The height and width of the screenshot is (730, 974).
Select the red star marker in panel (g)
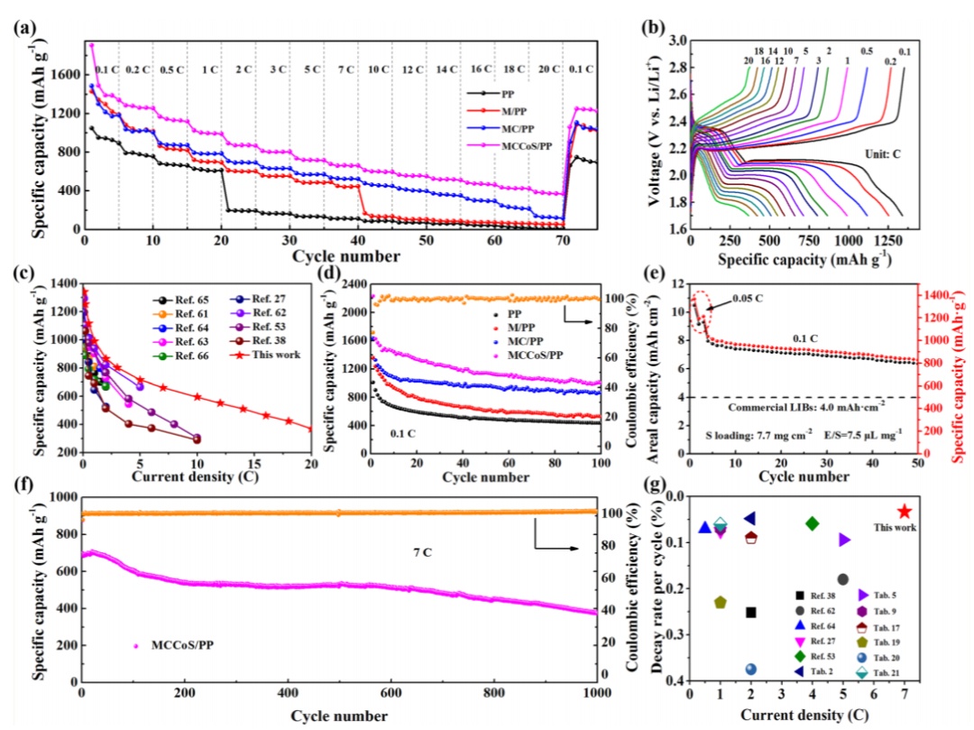[x=905, y=512]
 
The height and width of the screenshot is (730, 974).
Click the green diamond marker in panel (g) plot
[x=812, y=523]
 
